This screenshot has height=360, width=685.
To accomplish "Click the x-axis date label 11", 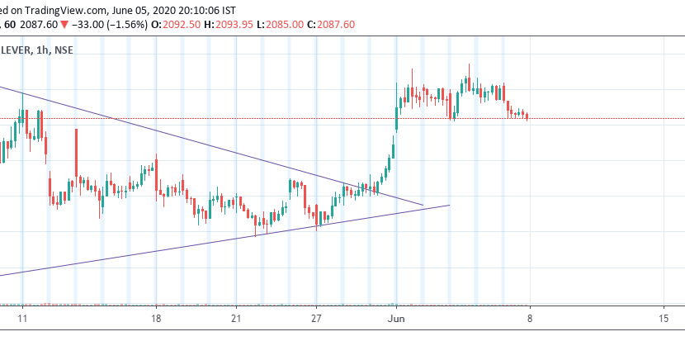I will click(x=22, y=318).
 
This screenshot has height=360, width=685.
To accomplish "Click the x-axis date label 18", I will click(x=156, y=318).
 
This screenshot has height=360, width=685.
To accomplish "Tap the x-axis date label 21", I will click(x=237, y=318).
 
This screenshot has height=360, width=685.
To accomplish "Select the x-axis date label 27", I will click(x=317, y=318).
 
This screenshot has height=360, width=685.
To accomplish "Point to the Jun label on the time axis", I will click(x=397, y=318).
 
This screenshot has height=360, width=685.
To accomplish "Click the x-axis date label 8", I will click(x=529, y=318).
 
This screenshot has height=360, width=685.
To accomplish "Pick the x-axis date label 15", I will click(x=664, y=318).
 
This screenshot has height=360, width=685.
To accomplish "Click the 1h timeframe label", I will click(x=50, y=50).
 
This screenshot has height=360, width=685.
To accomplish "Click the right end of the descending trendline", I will click(x=423, y=205).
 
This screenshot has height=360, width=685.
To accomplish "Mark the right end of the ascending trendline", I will click(x=450, y=205).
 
